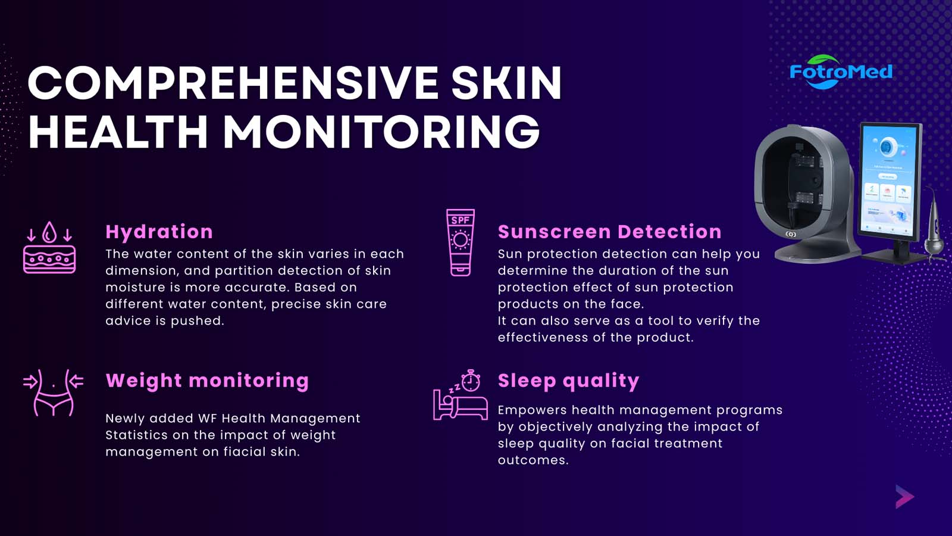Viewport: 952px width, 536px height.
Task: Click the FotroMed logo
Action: click(x=841, y=72)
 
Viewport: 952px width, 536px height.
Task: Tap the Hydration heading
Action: click(x=159, y=232)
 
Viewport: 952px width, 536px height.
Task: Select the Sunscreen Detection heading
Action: click(x=609, y=232)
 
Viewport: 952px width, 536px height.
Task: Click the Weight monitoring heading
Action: click(x=207, y=381)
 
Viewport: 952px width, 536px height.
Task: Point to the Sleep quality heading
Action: click(x=568, y=381)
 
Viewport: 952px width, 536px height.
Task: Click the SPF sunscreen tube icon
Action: click(x=461, y=242)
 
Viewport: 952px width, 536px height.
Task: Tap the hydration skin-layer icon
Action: click(x=49, y=247)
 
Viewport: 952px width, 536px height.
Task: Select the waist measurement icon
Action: click(x=53, y=392)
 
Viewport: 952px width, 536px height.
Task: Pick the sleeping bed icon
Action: click(x=461, y=406)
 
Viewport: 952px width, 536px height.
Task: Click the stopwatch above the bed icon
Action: click(x=471, y=381)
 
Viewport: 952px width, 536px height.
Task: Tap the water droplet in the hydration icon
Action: click(x=50, y=232)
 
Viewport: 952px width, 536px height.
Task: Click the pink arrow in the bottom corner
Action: click(x=904, y=497)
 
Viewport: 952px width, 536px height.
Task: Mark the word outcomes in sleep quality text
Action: click(x=533, y=460)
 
